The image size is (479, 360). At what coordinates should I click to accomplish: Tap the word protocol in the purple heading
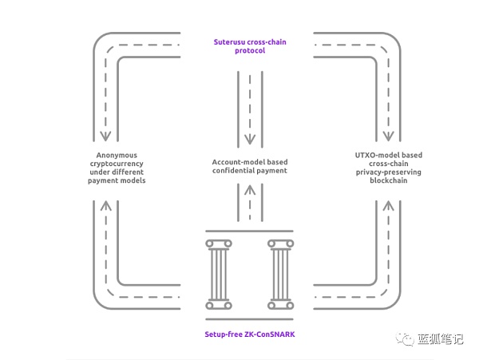pyautogui.click(x=249, y=50)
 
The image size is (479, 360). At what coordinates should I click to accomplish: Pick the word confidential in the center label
pyautogui.click(x=232, y=171)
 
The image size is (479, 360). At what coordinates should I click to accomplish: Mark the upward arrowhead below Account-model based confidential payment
pyautogui.click(x=250, y=191)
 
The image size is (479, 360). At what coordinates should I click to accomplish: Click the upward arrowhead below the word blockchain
pyautogui.click(x=389, y=206)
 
